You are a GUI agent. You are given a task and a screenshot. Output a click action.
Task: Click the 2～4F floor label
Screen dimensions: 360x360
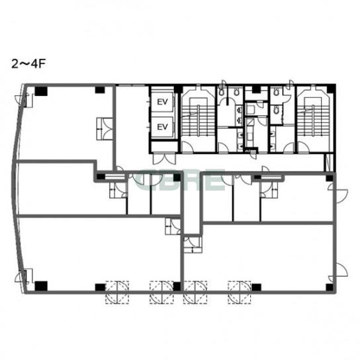[x=28, y=64]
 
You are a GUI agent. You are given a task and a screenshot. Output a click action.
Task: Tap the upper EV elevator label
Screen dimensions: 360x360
[x=162, y=102]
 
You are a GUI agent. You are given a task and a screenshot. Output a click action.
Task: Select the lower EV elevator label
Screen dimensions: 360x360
[x=162, y=127]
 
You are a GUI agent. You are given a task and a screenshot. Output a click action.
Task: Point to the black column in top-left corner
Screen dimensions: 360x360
[x=41, y=91]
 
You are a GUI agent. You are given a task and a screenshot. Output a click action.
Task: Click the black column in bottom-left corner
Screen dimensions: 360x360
[x=41, y=286]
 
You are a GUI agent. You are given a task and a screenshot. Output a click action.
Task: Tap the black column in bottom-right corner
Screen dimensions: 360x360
[x=330, y=287]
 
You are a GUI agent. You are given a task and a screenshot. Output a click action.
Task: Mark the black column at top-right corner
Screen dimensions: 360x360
[x=331, y=89]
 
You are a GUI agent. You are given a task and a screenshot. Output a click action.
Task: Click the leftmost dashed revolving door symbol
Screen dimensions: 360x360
[x=117, y=292]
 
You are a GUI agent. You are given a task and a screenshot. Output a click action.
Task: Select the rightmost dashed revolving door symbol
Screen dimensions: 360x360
[x=240, y=292]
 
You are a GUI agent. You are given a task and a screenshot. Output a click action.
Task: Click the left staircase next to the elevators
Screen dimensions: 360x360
[x=198, y=118]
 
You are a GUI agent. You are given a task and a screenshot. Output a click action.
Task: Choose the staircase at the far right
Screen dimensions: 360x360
[x=314, y=118]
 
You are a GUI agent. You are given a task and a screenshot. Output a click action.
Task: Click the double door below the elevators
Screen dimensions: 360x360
[x=164, y=159]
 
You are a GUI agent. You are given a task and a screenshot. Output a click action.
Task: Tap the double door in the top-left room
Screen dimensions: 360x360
[x=105, y=129]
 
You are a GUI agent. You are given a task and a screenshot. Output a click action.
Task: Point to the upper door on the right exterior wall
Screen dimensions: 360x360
[x=337, y=193]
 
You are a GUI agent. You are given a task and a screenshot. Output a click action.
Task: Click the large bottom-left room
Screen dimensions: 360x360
[x=99, y=253]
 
